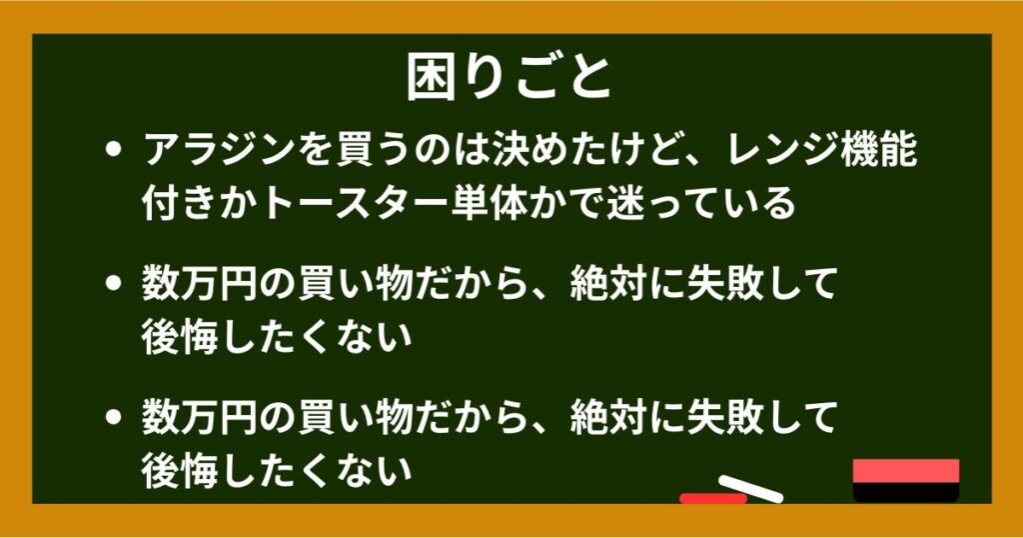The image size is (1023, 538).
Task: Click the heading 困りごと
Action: tap(510, 79)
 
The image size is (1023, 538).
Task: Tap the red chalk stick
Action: tap(711, 497)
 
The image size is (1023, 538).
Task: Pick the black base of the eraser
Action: tap(906, 493)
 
